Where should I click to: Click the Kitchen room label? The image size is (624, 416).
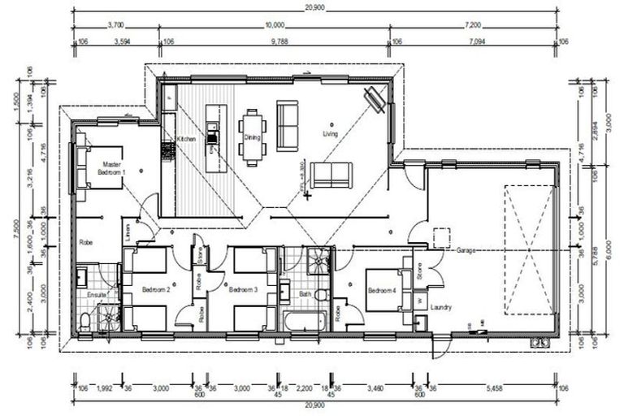pyautogui.click(x=187, y=140)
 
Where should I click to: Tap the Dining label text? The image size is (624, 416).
pyautogui.click(x=252, y=138)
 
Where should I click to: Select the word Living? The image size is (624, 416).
pyautogui.click(x=330, y=133)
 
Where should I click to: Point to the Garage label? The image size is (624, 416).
pyautogui.click(x=466, y=251)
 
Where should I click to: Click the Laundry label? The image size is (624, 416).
pyautogui.click(x=441, y=307)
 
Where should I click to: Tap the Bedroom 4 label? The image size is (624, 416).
pyautogui.click(x=383, y=291)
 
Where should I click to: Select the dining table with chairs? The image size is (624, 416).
pyautogui.click(x=252, y=129)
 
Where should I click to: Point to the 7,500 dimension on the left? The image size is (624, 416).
pyautogui.click(x=19, y=230)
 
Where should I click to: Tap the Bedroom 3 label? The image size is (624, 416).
pyautogui.click(x=243, y=289)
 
